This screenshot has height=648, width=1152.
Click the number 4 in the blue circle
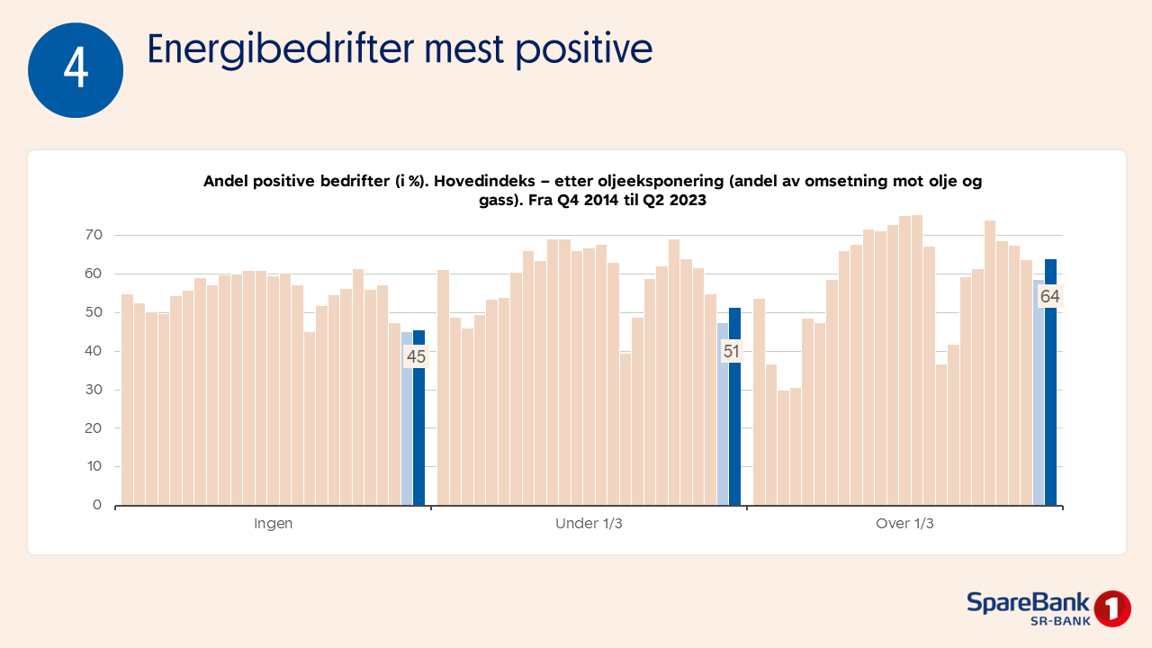click(76, 70)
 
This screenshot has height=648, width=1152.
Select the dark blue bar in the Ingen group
click(418, 432)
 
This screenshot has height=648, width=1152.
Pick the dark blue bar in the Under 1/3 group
click(734, 432)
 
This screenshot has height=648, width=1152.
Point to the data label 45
click(416, 356)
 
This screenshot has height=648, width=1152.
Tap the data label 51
click(731, 351)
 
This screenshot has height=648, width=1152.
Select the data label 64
click(1049, 296)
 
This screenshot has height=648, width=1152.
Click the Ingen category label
click(273, 524)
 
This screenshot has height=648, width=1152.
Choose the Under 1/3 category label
click(589, 524)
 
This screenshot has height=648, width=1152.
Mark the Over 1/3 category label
click(904, 524)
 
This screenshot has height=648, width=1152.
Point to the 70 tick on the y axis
click(94, 235)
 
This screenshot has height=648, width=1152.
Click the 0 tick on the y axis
click(97, 505)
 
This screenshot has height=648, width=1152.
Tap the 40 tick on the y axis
click(94, 351)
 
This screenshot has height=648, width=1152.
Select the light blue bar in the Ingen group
click(407, 432)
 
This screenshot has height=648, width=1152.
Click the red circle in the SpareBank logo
click(1112, 608)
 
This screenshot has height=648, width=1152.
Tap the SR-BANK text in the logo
click(1059, 621)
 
